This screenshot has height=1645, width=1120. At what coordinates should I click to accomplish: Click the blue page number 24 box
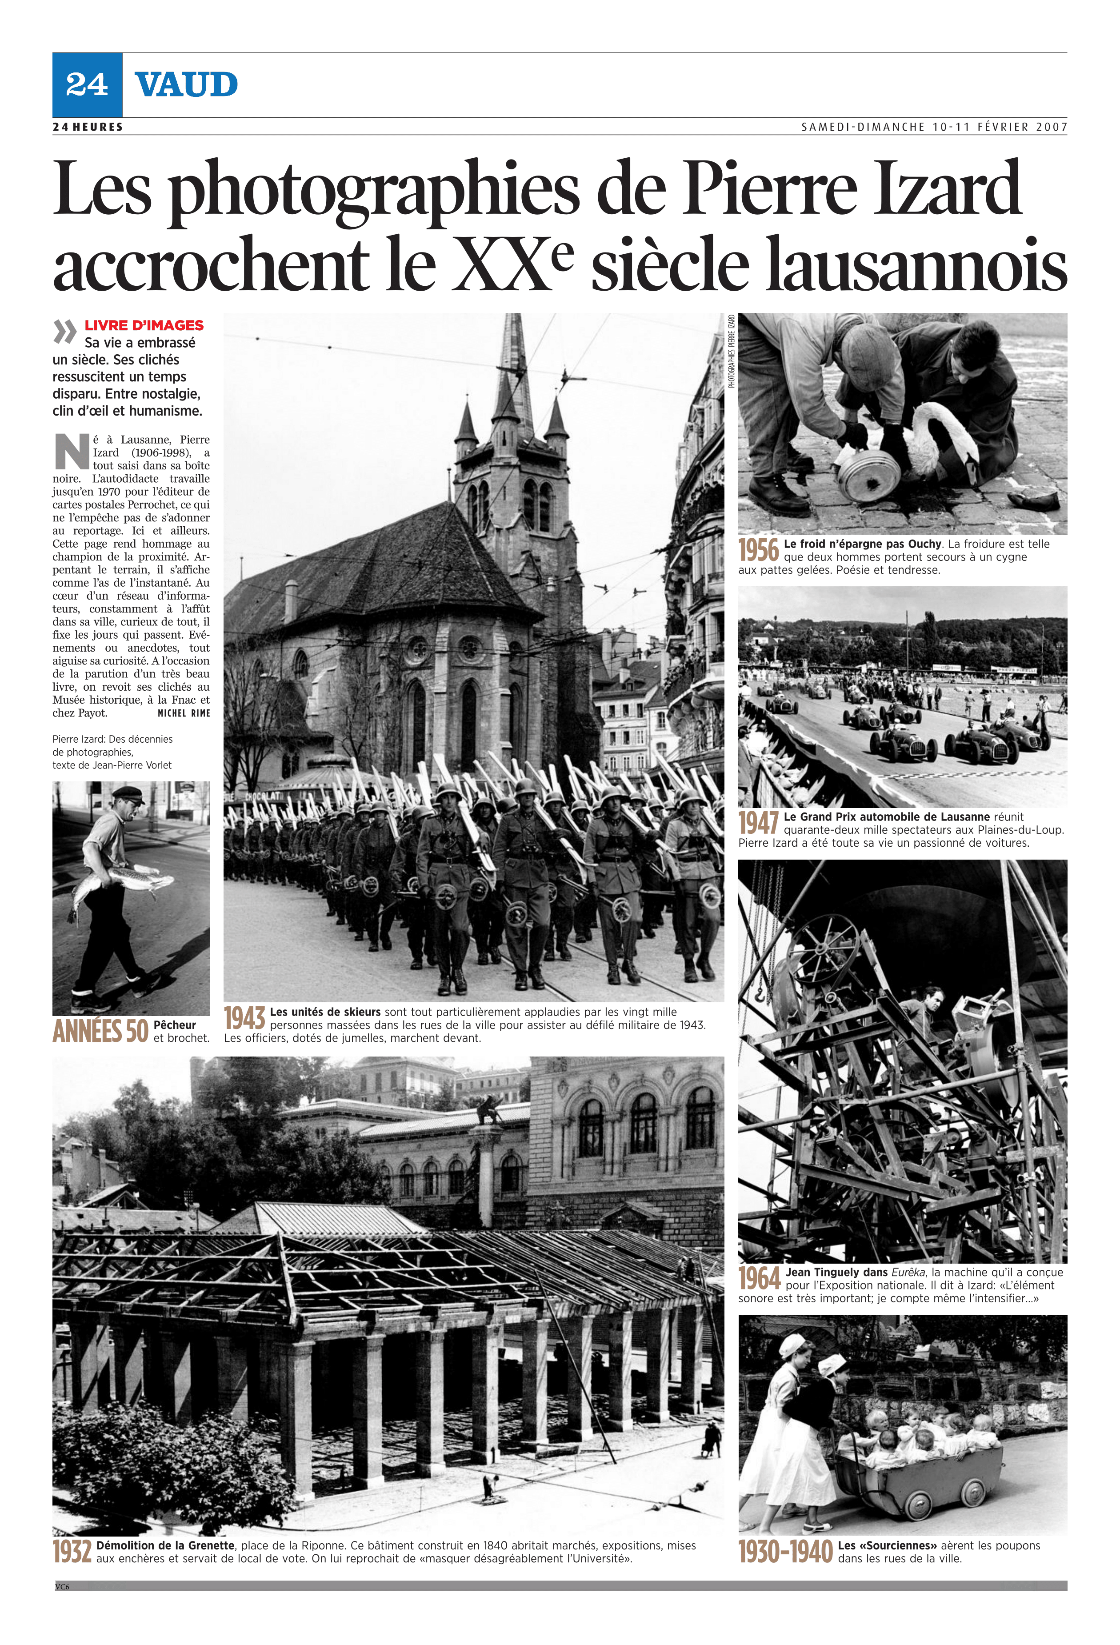87,85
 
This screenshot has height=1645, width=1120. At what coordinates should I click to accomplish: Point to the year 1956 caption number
758,550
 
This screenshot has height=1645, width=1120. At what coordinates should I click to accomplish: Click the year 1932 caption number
72,1552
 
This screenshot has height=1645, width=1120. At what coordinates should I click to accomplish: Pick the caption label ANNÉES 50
100,1031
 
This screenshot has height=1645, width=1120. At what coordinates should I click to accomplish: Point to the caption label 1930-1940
785,1552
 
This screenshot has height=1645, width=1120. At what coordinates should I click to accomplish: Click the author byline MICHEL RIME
184,713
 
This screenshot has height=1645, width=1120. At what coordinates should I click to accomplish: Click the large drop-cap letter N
72,452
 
